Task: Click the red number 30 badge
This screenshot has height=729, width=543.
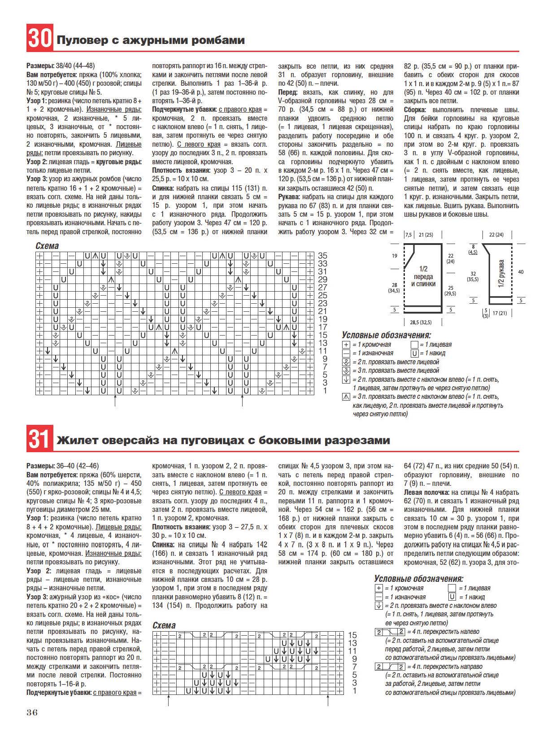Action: coord(39,38)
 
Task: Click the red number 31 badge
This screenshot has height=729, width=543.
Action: coord(39,438)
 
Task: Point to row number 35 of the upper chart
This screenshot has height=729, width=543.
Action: coord(322,256)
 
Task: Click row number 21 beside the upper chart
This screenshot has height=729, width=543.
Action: coord(322,311)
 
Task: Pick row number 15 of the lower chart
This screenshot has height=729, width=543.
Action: coord(352,635)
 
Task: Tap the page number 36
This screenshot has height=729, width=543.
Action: coord(32,712)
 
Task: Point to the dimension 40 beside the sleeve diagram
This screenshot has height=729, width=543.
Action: coord(521,272)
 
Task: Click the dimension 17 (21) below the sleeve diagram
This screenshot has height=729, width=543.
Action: coord(500,313)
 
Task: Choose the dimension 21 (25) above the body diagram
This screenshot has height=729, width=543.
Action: coord(426,235)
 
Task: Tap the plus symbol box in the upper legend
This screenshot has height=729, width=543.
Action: coord(346,345)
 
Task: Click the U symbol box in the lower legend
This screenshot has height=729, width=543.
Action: coord(452,597)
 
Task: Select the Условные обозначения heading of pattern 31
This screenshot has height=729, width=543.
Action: coord(418,579)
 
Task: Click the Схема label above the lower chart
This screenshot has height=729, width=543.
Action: coord(164,625)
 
